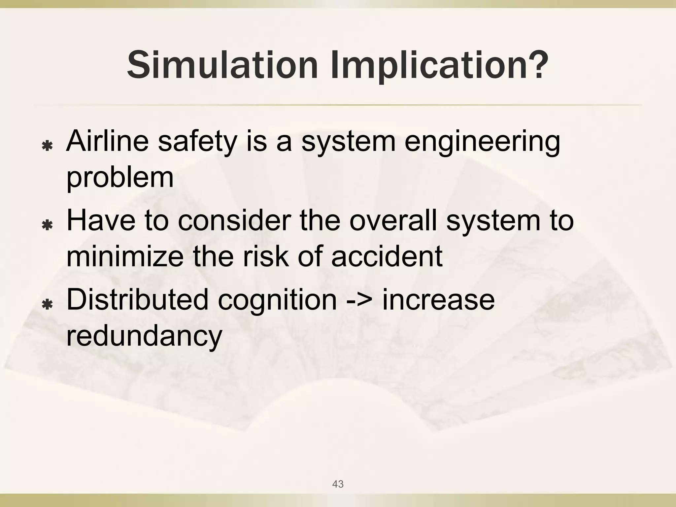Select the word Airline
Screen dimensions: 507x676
tap(108, 141)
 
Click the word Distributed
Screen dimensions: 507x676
tap(137, 300)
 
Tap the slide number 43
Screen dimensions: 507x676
tap(338, 484)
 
